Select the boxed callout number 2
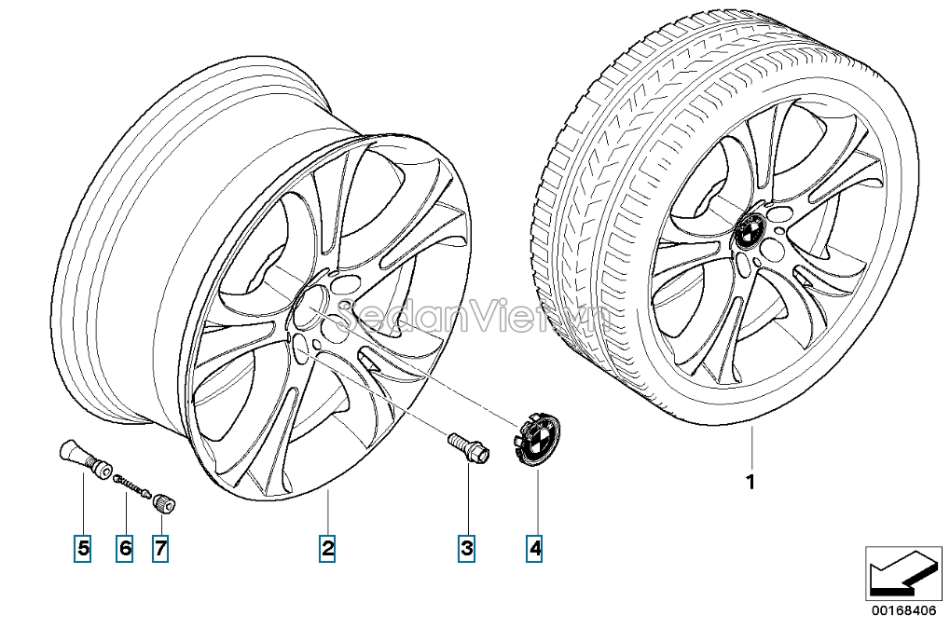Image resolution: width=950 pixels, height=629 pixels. click(x=327, y=549)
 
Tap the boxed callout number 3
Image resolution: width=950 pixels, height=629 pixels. click(x=466, y=549)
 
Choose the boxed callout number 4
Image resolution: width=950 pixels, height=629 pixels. click(x=534, y=549)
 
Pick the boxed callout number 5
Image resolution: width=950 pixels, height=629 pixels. click(x=83, y=549)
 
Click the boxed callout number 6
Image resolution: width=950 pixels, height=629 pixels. click(x=125, y=549)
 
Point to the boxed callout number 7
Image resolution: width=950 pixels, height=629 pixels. click(x=160, y=549)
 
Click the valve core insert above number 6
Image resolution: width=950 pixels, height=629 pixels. click(x=132, y=486)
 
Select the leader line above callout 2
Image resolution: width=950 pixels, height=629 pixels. click(x=328, y=513)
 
